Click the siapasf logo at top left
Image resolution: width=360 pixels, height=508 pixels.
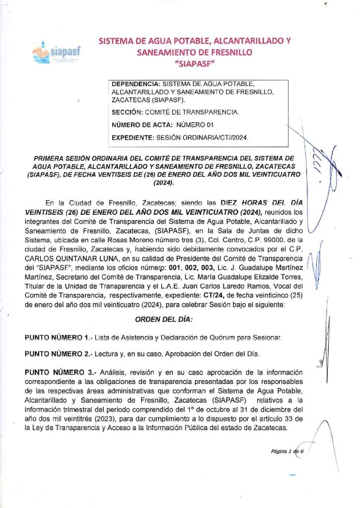click(x=56, y=52)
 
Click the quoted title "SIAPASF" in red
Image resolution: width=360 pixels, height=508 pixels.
click(x=195, y=63)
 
